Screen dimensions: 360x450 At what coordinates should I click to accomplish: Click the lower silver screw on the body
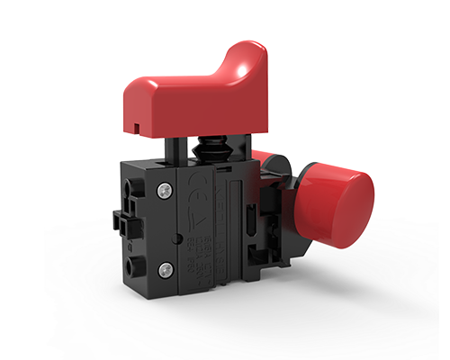[164, 270]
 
